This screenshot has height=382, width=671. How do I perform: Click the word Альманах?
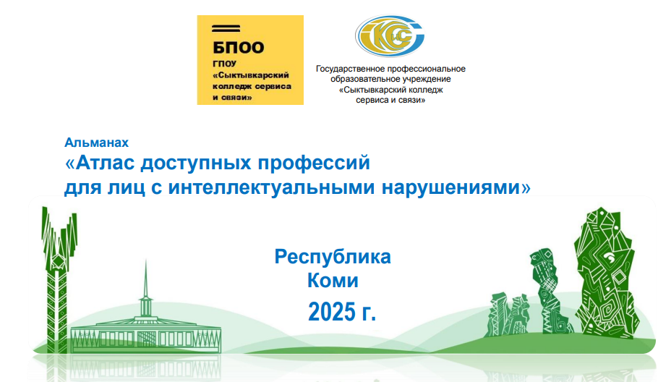pyautogui.click(x=96, y=143)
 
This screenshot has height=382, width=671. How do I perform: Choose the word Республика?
pyautogui.click(x=333, y=257)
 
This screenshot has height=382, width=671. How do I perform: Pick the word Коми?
pyautogui.click(x=333, y=281)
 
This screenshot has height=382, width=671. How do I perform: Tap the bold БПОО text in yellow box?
pyautogui.click(x=239, y=48)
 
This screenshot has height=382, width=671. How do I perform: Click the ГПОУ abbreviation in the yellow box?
pyautogui.click(x=224, y=64)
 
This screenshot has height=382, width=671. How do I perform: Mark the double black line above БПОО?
pyautogui.click(x=226, y=29)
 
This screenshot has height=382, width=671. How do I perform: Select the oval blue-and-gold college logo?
pyautogui.click(x=390, y=36)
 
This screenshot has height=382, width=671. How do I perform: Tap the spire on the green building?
pyautogui.click(x=146, y=279)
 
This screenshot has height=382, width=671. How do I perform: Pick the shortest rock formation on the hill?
pyautogui.click(x=509, y=315)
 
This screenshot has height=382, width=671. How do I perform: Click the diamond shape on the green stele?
pyautogui.click(x=57, y=260)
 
